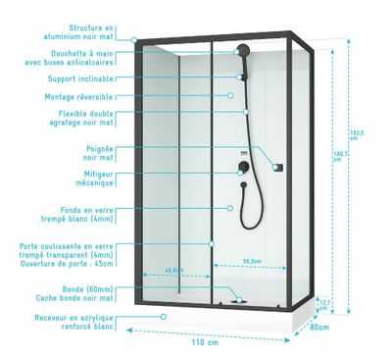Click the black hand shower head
click(x=241, y=49)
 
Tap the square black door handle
click(x=277, y=166)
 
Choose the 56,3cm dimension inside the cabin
click(x=250, y=261)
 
